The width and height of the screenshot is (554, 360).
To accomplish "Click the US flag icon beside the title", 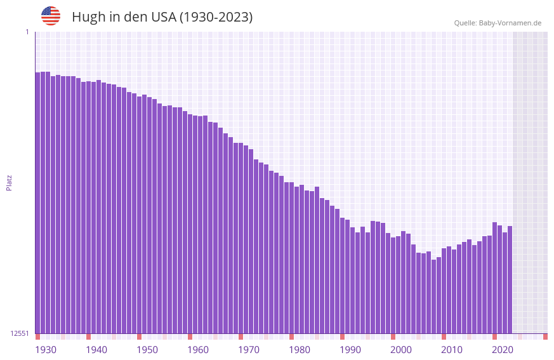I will tap(51, 16).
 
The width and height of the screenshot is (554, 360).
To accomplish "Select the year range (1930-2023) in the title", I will tap(216, 17).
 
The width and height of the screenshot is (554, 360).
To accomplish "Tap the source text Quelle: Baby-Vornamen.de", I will tap(498, 23).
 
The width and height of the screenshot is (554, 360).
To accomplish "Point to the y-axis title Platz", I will tap(9, 182).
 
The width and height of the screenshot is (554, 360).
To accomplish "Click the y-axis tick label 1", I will tap(27, 32).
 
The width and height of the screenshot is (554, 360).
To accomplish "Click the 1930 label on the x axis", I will tap(46, 350).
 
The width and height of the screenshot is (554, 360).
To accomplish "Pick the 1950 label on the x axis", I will tap(147, 350).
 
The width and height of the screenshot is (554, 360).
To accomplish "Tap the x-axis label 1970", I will tap(249, 350).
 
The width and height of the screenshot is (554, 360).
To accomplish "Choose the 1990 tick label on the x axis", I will tap(350, 350).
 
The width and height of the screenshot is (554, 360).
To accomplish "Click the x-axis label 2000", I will tap(401, 350).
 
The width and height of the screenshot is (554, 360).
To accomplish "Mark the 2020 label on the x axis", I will tap(503, 350).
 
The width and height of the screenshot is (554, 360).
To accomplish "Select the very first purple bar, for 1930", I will tap(37, 203).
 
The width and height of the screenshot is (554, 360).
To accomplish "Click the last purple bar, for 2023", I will tap(510, 279).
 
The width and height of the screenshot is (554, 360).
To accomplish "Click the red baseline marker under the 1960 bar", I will tap(190, 337).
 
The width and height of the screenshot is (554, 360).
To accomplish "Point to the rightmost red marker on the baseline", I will tap(545, 337).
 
